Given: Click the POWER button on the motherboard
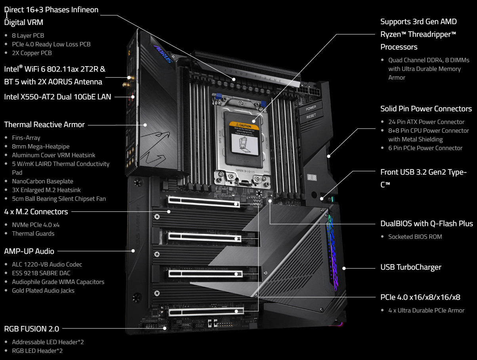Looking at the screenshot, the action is coord(311,108).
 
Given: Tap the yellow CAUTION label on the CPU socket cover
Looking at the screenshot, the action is coord(244,126).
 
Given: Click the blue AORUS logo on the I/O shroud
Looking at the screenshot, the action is coord(163,53).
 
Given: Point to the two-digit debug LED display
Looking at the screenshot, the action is coord(312,177).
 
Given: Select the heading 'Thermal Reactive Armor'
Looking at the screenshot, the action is coord(44,125).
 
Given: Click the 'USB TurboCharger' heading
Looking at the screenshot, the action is coord(411,267).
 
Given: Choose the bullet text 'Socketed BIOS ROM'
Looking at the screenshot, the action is coord(415,237).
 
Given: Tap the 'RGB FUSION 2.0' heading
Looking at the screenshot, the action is coord(32,329).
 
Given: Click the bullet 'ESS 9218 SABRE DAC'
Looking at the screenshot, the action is coord(41,273).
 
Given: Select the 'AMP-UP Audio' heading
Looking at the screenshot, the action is coord(29,251).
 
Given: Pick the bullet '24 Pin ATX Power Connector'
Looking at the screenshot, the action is coord(426,122).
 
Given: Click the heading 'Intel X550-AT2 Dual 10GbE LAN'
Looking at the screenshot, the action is coord(57,97).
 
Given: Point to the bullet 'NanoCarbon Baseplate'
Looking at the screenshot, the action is coord(43,181).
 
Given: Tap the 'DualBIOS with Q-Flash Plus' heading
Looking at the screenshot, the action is coord(427,224).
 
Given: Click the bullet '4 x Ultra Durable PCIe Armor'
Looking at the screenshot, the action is coord(426,310).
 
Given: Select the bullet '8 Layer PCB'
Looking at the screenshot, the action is coord(28,35).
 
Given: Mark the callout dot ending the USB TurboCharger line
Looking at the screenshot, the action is coord(344,269).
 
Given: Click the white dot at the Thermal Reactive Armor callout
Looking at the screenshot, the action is coord(145,125).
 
